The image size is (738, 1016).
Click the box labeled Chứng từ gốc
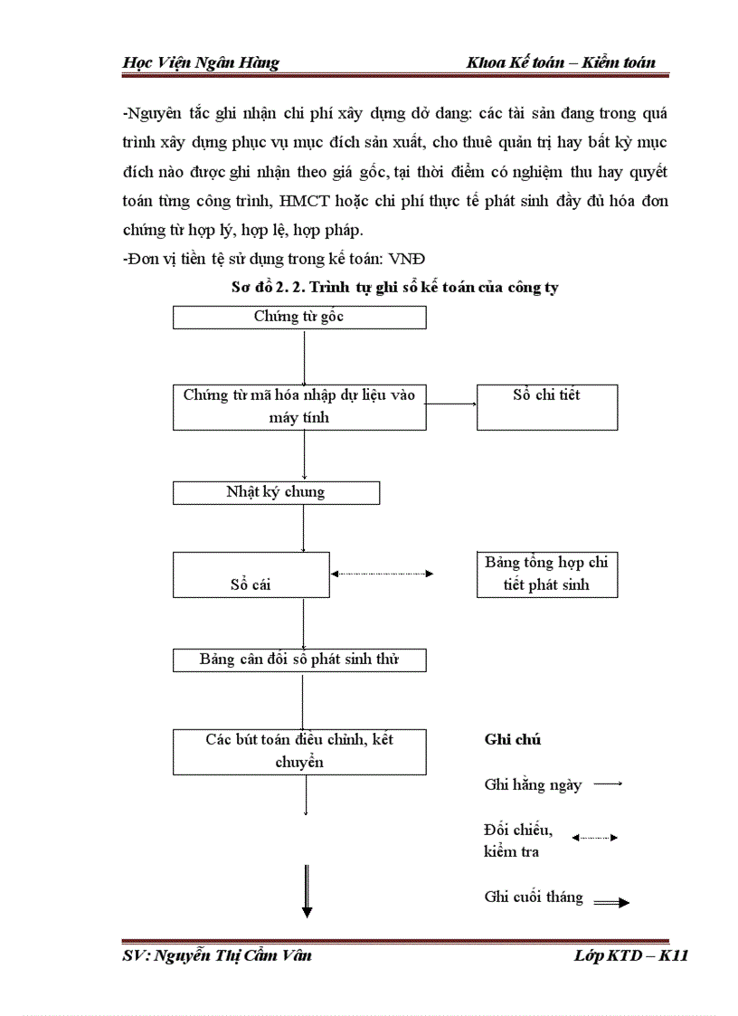[x=298, y=317]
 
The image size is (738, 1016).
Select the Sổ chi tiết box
[x=547, y=407]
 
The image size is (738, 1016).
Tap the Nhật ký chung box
[x=276, y=492]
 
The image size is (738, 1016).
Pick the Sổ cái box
[x=251, y=574]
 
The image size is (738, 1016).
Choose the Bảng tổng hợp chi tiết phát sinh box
[x=546, y=574]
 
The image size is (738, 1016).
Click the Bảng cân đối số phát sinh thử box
[x=299, y=660]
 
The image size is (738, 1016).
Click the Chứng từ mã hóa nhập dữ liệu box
[x=299, y=407]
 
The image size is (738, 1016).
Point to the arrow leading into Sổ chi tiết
[x=452, y=404]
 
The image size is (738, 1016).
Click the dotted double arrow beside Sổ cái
[x=383, y=574]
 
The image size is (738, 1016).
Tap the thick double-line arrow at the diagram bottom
[x=307, y=892]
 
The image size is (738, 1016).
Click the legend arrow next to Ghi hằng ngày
[x=608, y=784]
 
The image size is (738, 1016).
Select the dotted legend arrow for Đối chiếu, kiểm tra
[x=594, y=838]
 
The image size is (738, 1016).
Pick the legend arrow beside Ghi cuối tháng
[x=610, y=902]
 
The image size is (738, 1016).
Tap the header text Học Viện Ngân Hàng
[x=200, y=62]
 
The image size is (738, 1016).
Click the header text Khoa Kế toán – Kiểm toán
[x=561, y=62]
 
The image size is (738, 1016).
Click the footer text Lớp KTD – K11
[x=630, y=955]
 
